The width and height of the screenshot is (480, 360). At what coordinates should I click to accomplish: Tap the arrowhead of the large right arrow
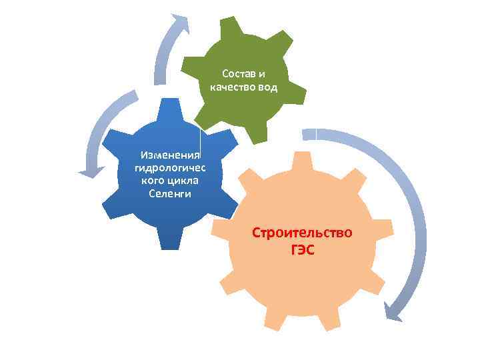[394, 310]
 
